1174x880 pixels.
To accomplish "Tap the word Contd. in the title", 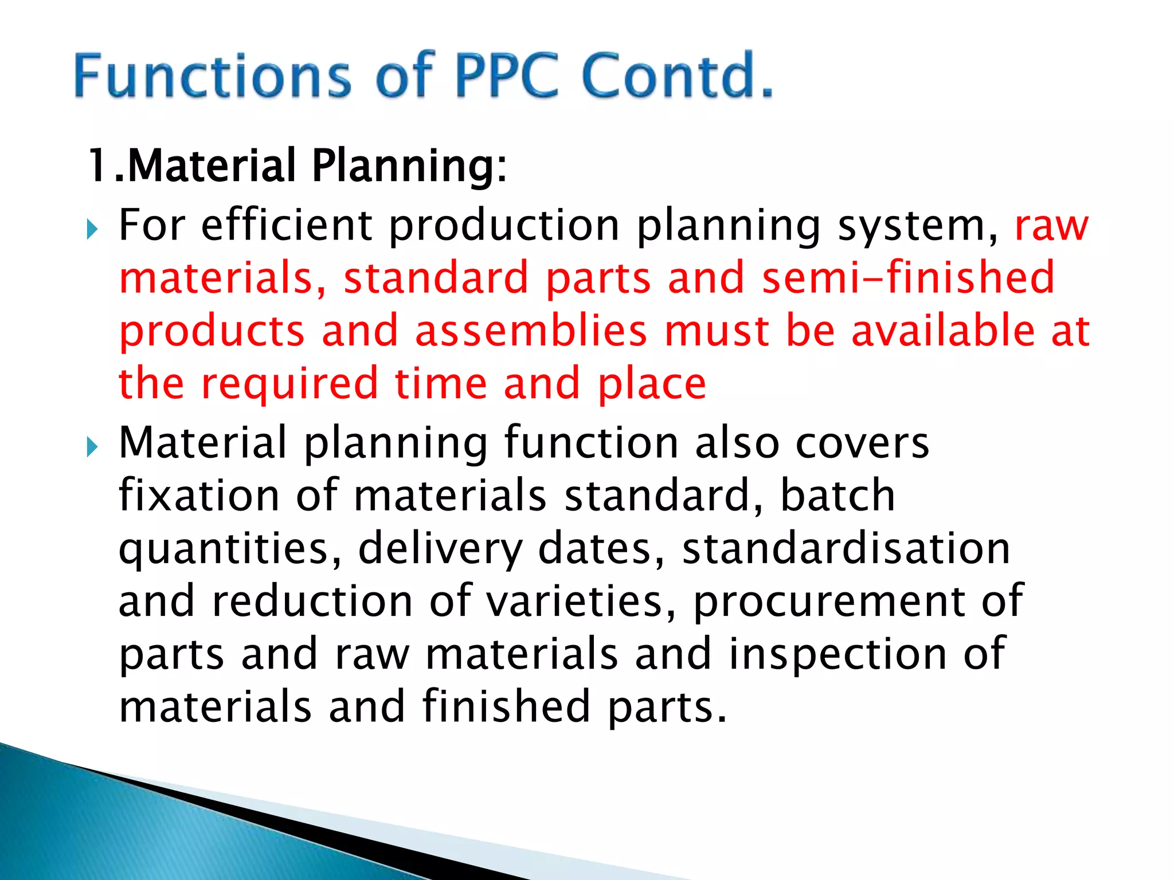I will pos(676,76).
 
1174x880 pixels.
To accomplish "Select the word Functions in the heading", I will pos(212,76).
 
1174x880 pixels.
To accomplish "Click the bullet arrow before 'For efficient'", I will pos(92,230).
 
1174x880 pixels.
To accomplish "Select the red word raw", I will pos(1051,226).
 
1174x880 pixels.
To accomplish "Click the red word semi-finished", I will pos(908,277).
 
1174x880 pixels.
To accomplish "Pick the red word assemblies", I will pos(530,331).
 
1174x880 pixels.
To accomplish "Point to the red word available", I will pos(943,331).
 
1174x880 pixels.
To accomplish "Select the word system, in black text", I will pos(918,227).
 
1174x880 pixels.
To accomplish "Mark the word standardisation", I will pos(846,548).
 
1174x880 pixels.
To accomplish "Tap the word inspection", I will pos(838,654).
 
